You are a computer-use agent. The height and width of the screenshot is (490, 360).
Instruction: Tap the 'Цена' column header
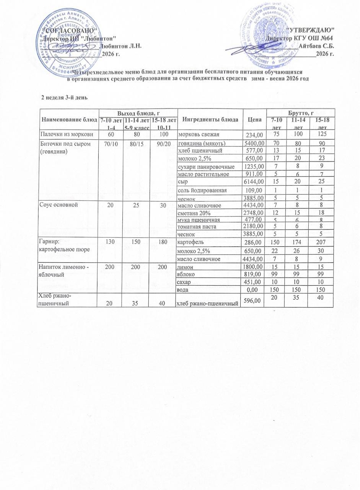click(254, 119)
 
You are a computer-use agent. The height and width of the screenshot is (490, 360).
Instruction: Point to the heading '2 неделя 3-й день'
click(65, 97)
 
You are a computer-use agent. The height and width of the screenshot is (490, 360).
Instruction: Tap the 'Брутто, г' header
click(302, 113)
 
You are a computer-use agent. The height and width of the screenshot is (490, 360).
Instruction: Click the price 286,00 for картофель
click(254, 242)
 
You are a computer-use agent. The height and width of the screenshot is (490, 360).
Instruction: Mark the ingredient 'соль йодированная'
click(202, 190)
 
